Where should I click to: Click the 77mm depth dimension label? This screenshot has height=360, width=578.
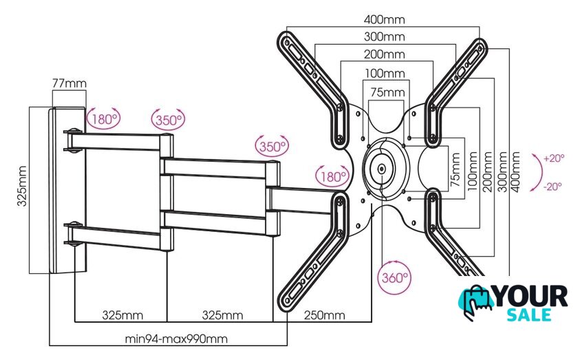(69, 84)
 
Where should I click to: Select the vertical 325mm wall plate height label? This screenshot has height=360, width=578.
(22, 186)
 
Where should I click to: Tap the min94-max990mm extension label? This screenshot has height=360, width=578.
(176, 339)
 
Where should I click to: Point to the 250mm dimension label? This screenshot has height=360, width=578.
(324, 315)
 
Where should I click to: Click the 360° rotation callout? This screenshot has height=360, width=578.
(394, 277)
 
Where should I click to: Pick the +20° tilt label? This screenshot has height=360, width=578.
(554, 158)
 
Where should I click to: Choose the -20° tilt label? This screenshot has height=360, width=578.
(553, 187)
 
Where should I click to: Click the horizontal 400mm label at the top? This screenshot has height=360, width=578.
(384, 19)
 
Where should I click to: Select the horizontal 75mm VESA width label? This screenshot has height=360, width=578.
(387, 92)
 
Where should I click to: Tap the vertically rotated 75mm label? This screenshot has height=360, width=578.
(456, 169)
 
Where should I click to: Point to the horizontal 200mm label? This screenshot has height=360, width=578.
(384, 54)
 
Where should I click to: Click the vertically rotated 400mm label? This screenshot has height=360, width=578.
(515, 172)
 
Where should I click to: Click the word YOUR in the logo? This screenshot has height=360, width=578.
(531, 296)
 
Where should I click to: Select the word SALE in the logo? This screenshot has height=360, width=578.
(529, 315)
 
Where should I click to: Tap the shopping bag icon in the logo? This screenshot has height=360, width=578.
(476, 302)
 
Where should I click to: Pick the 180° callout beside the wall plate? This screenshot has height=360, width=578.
(104, 119)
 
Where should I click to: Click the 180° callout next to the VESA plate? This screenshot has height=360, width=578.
(332, 176)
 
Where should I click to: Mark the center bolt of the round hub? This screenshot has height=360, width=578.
(381, 169)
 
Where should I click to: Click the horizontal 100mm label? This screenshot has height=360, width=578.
(385, 74)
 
